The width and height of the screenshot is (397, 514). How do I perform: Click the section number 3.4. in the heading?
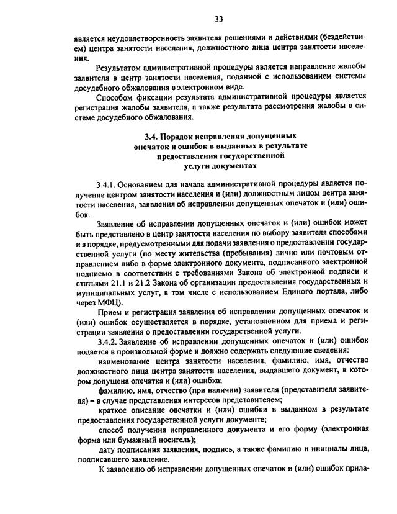click(150, 135)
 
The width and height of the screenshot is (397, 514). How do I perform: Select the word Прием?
click(110, 312)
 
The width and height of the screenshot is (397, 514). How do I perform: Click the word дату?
click(108, 449)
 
